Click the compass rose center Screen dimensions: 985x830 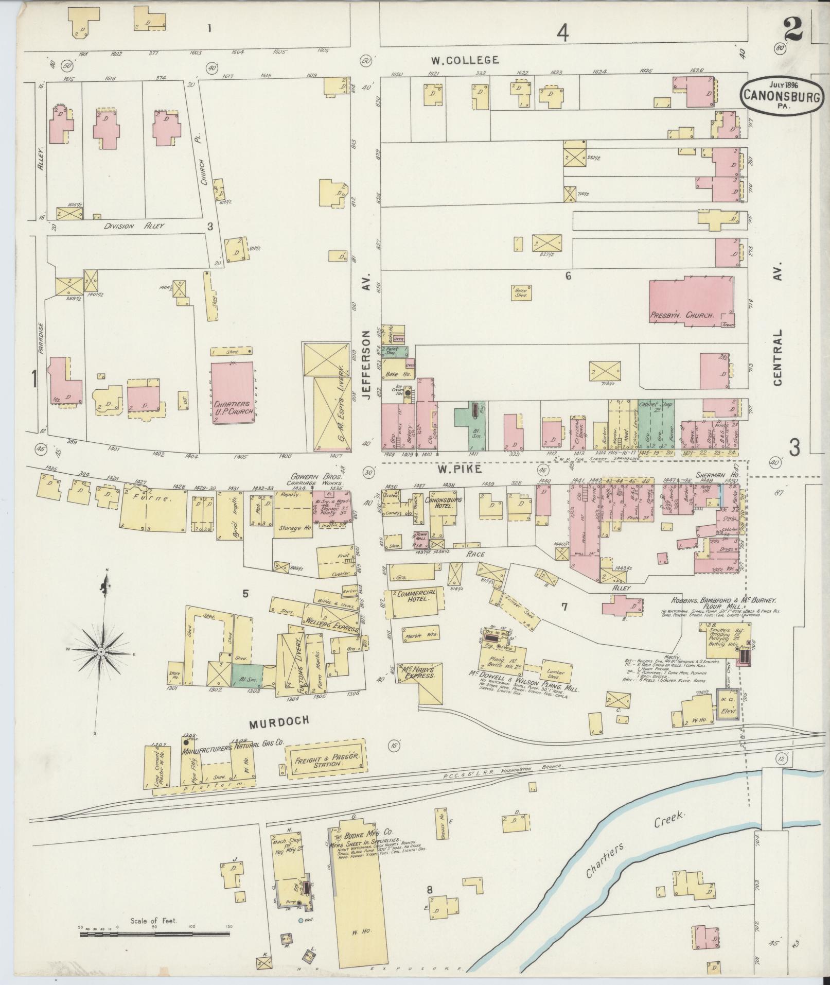coord(101,651)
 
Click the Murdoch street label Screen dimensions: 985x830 coord(279,721)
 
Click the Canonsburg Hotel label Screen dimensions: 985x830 coord(446,503)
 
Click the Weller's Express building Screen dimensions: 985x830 coord(332,618)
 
